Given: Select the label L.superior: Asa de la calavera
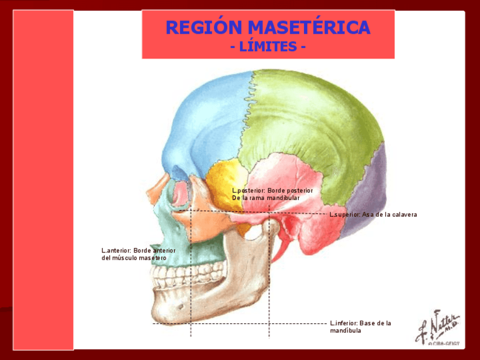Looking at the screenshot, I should (x=373, y=215).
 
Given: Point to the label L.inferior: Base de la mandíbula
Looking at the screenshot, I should (x=361, y=327).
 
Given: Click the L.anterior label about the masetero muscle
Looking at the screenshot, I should (x=139, y=254).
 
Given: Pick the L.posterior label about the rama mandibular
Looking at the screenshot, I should (x=272, y=194).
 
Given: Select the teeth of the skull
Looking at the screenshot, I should (x=175, y=277).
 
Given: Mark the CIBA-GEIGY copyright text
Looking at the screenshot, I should (x=444, y=344).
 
